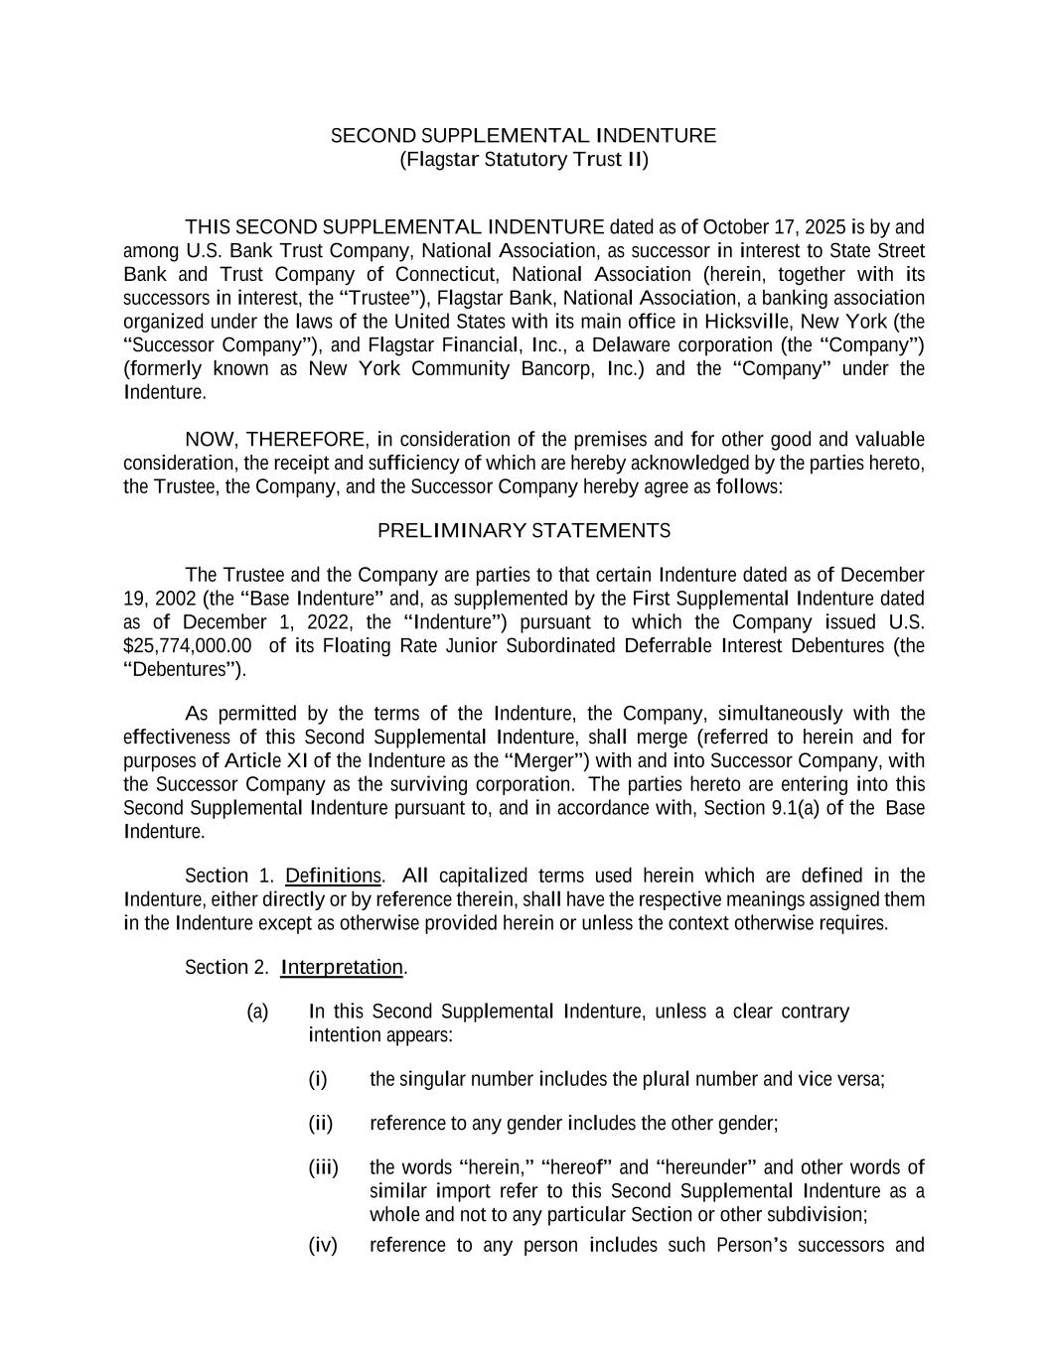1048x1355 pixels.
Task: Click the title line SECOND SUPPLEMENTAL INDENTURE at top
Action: tap(523, 136)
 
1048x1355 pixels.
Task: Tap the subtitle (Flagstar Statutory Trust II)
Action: tap(523, 160)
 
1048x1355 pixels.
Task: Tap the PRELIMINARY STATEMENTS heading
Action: tap(524, 531)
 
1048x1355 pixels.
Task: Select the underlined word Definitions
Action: tap(333, 876)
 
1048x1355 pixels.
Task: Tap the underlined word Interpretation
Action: tap(342, 967)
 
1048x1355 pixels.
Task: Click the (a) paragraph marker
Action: tap(257, 1012)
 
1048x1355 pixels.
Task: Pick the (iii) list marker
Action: tap(323, 1167)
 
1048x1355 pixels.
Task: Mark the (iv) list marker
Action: tap(323, 1246)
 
